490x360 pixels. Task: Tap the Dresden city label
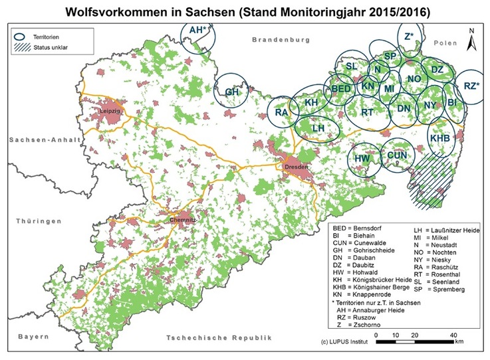pyautogui.click(x=295, y=167)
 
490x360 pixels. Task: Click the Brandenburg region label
pyautogui.click(x=281, y=41)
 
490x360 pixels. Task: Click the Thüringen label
pyautogui.click(x=39, y=221)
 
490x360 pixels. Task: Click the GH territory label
pyautogui.click(x=232, y=92)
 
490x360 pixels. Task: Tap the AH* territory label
pyautogui.click(x=198, y=31)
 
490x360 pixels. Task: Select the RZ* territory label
pyautogui.click(x=471, y=86)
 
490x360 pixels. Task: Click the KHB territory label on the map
pyautogui.click(x=440, y=137)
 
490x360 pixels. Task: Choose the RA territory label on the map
pyautogui.click(x=281, y=113)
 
